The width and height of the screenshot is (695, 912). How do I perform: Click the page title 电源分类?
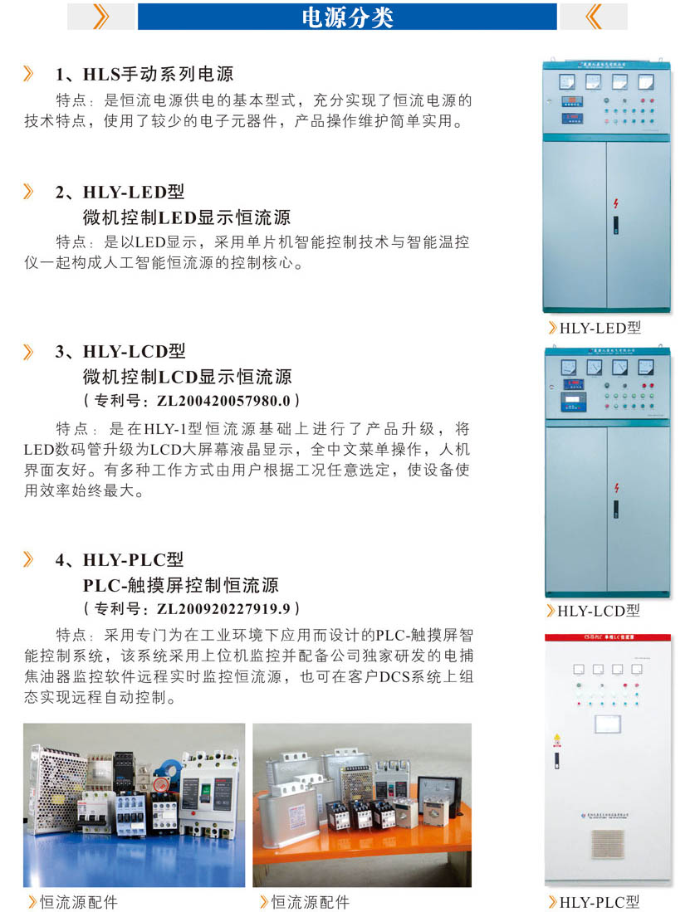point(347,17)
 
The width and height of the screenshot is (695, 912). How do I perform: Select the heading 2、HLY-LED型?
point(120,193)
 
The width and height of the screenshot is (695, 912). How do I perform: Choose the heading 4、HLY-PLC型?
point(120,559)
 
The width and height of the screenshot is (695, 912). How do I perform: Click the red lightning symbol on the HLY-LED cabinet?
point(616,203)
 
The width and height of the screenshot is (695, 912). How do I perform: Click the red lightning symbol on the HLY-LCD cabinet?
point(616,488)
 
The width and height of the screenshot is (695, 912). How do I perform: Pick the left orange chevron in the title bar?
point(100,16)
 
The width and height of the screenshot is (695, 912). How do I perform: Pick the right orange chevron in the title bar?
point(594,16)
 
